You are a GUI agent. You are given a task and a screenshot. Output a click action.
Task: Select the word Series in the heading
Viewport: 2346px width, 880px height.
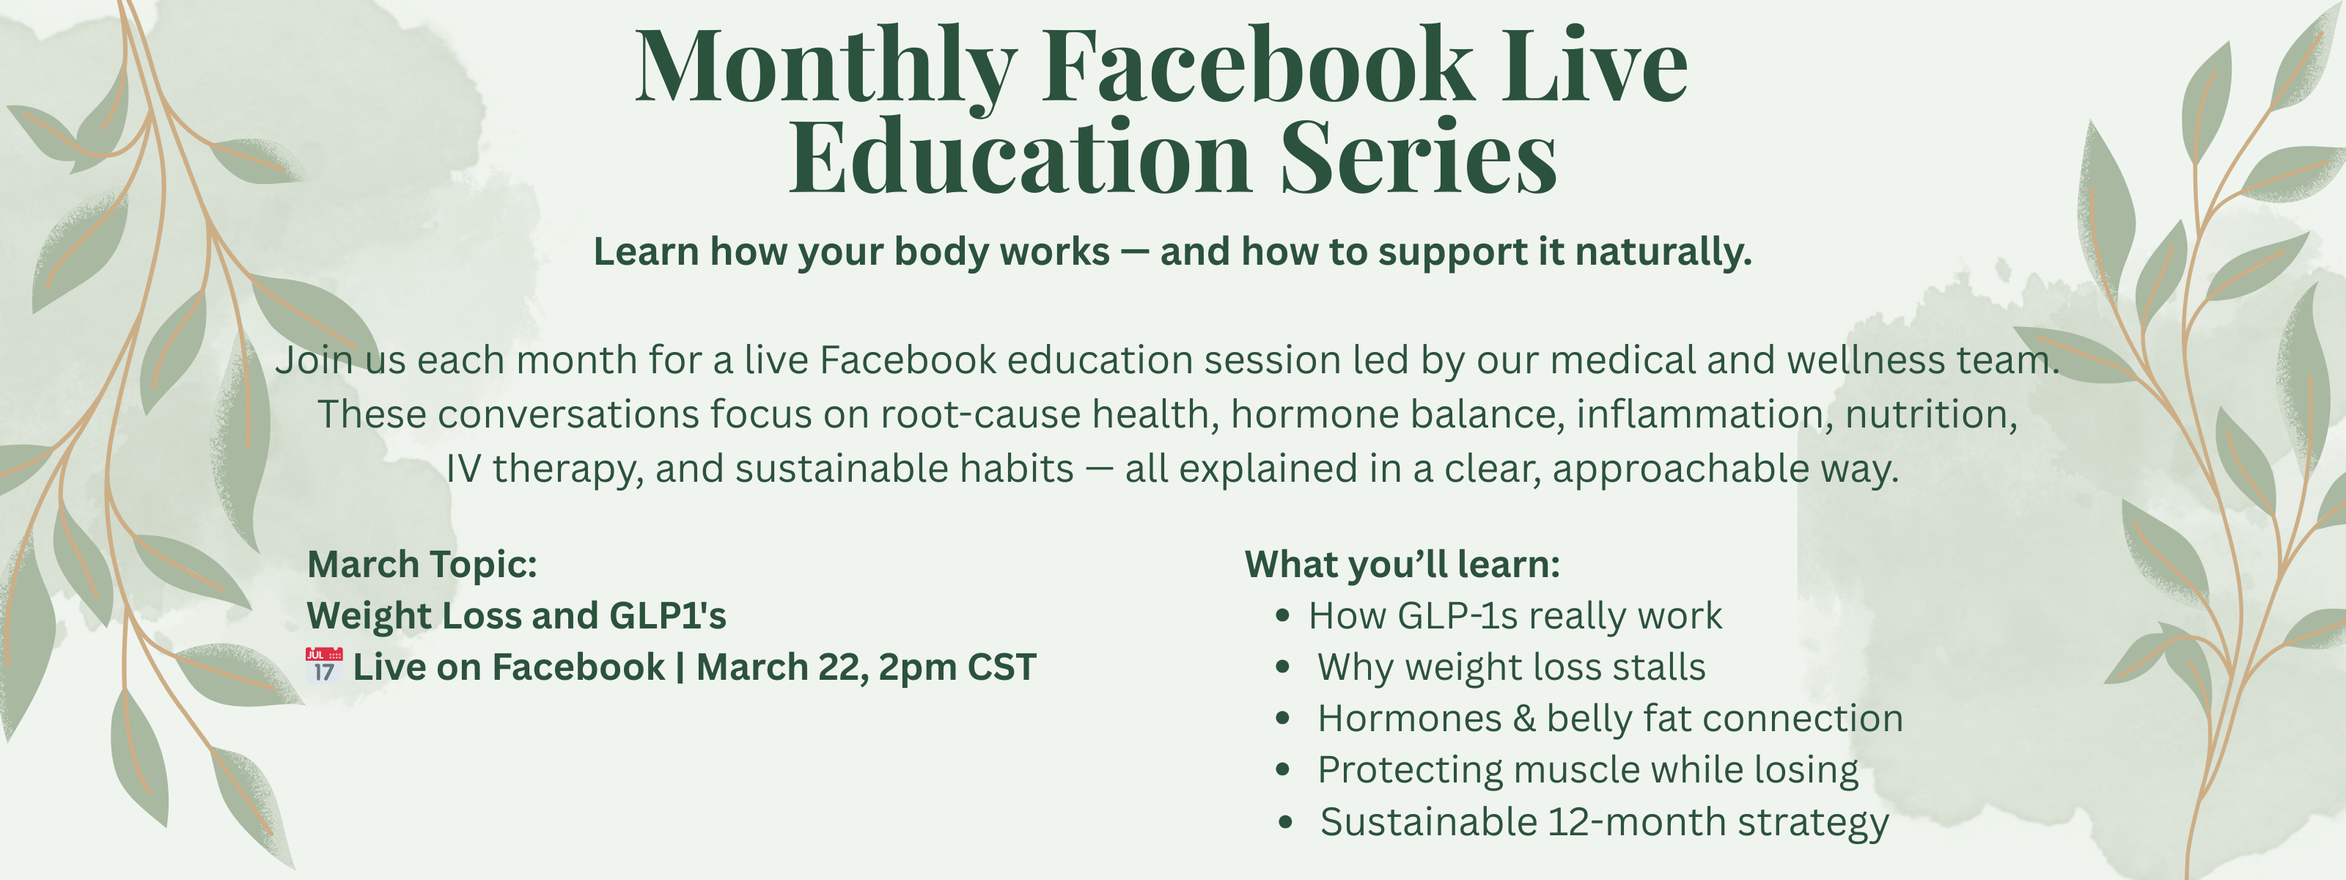coord(1418,155)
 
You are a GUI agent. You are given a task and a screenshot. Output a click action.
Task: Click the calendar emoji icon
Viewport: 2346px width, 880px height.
coord(324,666)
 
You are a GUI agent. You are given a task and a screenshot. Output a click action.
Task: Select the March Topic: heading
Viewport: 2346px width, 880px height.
coord(422,565)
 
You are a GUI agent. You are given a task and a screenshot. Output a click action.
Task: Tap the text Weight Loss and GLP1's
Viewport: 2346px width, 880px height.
coord(516,616)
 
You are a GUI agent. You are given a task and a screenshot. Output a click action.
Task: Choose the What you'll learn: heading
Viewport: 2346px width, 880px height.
coord(1402,565)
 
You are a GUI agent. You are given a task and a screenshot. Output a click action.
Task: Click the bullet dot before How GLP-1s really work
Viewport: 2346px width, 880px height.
coord(1283,617)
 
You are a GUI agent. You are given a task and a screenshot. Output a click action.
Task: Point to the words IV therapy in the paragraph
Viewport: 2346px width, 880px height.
coord(545,470)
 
